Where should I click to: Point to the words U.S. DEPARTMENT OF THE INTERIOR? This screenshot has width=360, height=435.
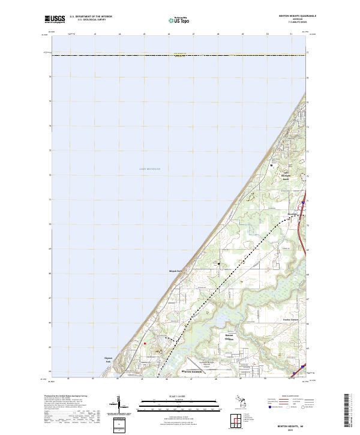pyautogui.click(x=91, y=17)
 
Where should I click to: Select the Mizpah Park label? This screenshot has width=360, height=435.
pyautogui.click(x=175, y=270)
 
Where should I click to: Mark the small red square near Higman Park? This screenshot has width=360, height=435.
pyautogui.click(x=145, y=344)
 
